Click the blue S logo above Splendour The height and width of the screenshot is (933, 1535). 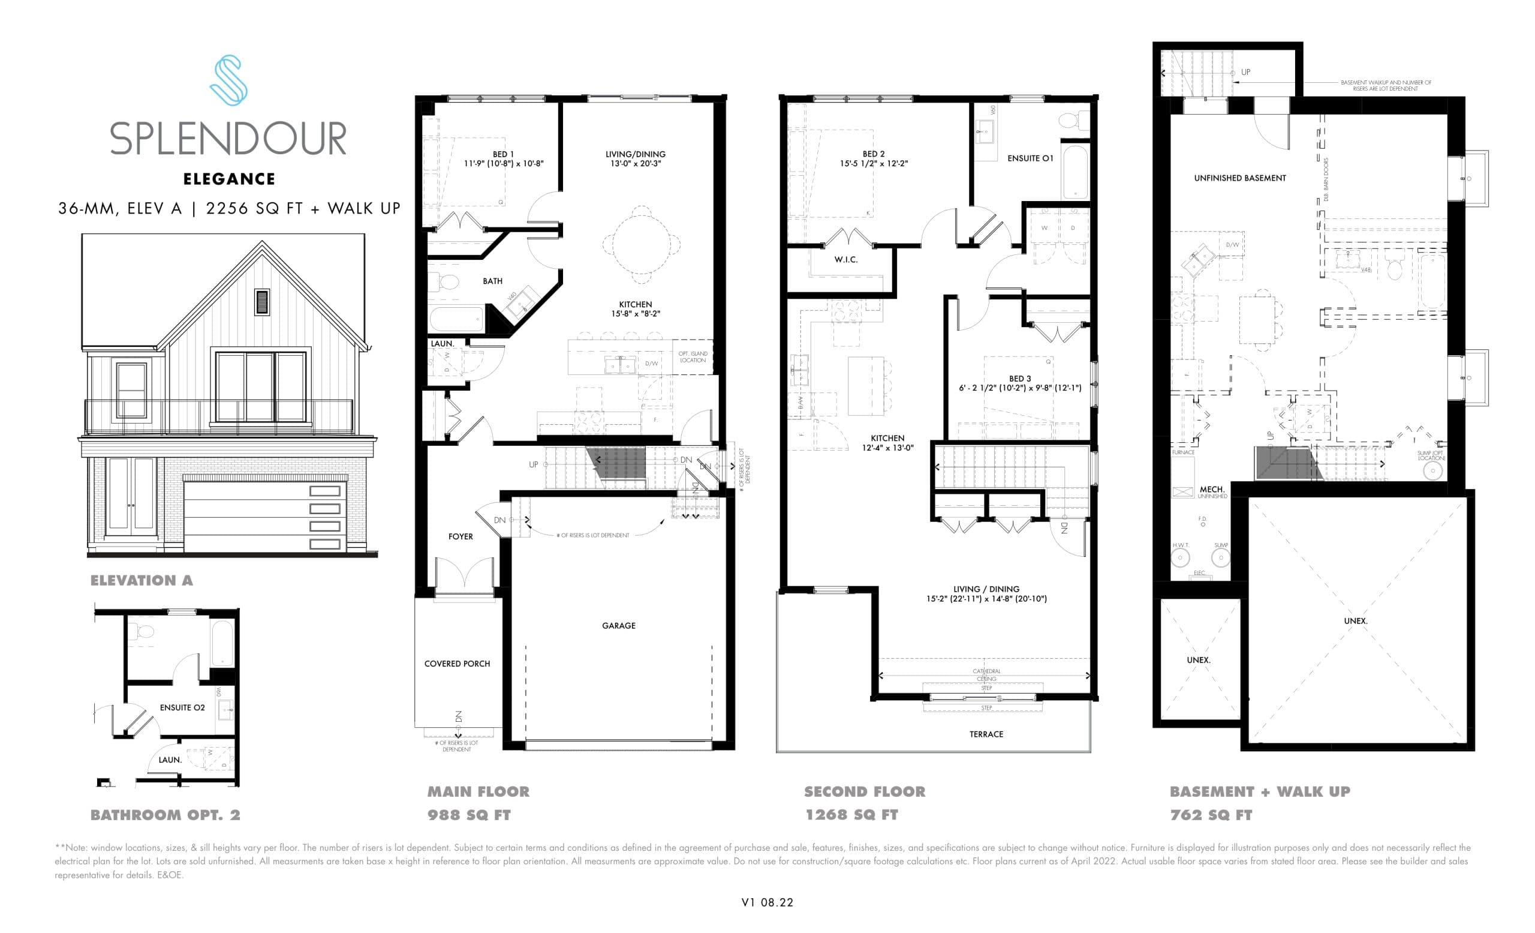[228, 80]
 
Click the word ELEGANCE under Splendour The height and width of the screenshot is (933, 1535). [228, 179]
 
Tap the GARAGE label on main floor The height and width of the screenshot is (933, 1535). [619, 626]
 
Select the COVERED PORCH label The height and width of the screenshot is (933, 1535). [457, 664]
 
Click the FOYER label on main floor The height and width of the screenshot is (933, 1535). [460, 536]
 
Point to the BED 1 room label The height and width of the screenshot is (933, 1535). [502, 155]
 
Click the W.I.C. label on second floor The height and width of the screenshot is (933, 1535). [845, 260]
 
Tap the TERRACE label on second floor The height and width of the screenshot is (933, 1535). [986, 734]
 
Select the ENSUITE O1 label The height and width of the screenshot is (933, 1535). [1030, 159]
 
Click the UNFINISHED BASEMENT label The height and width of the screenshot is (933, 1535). [1240, 178]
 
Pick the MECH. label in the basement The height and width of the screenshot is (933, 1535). [1212, 490]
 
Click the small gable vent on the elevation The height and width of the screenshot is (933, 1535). [262, 302]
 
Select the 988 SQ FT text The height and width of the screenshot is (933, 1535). [468, 815]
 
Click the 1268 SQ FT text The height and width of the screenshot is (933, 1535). [851, 815]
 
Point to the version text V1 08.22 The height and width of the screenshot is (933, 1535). [767, 902]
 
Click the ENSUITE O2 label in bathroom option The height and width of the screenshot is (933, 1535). [182, 708]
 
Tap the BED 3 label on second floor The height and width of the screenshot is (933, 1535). [1020, 379]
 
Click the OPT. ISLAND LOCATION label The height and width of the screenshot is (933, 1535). [692, 357]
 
